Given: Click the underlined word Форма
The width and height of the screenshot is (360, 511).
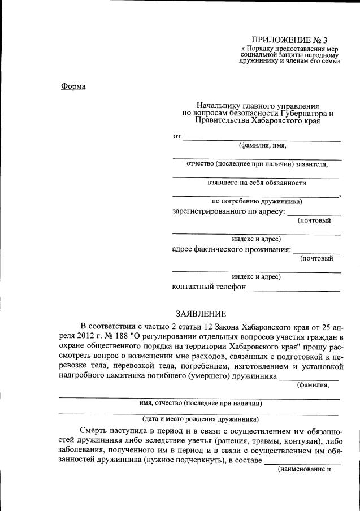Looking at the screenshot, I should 73,86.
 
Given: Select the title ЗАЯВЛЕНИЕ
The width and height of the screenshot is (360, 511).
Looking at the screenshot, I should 201,314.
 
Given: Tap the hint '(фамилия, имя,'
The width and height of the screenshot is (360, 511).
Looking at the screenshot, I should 262,145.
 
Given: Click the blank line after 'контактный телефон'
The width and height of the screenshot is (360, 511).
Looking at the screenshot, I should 294,289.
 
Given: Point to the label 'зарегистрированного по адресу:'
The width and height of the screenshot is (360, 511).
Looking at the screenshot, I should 228,212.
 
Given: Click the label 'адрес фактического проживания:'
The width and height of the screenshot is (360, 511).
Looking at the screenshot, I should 231,250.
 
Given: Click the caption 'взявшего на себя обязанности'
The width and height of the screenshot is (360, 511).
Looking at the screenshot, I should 257,183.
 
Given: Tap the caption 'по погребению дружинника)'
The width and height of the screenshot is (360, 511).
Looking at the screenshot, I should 257,201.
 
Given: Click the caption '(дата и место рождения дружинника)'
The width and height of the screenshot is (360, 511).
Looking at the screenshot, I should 201,419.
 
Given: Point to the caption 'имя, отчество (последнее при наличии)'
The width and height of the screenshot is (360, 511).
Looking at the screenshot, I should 201,404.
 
